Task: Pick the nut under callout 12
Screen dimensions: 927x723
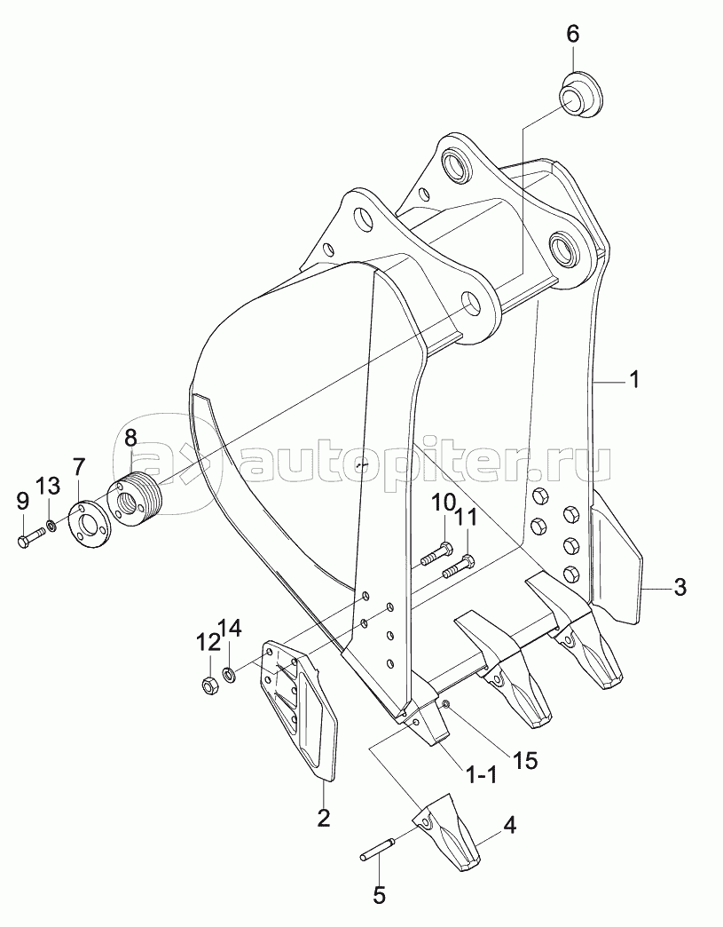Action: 210,684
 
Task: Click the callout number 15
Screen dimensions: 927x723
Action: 523,761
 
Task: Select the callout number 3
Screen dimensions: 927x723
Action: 680,586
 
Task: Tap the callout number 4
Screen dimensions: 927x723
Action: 509,825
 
